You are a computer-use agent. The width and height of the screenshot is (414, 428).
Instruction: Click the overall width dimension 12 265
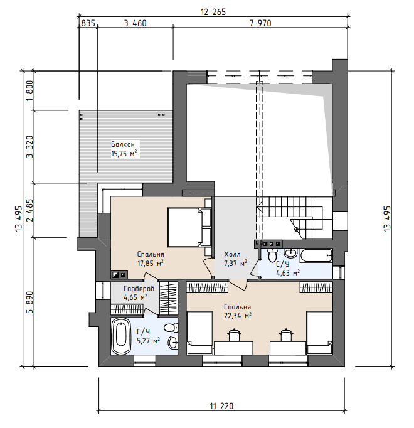[213, 12]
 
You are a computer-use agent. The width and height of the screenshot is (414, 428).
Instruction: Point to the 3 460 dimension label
[135, 23]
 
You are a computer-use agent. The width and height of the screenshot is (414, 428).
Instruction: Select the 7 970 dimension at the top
[260, 23]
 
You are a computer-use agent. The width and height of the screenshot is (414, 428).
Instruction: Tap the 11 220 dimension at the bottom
[221, 406]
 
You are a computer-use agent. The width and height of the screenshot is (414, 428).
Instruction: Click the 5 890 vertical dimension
[29, 302]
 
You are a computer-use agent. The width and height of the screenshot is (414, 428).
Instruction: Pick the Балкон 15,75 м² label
[124, 149]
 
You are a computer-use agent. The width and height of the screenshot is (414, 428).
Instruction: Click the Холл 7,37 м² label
[235, 259]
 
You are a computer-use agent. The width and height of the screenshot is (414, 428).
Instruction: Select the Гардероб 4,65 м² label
[139, 293]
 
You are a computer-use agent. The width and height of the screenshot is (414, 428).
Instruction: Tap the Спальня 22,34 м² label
[238, 311]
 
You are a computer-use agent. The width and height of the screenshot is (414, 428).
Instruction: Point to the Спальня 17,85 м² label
[151, 259]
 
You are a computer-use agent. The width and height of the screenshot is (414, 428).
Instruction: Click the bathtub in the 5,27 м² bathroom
[121, 336]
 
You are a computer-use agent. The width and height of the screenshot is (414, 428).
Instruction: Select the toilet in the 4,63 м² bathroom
[272, 255]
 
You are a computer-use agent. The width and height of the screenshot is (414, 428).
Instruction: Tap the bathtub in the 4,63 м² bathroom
[316, 255]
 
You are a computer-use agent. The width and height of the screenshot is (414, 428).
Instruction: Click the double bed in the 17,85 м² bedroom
[189, 228]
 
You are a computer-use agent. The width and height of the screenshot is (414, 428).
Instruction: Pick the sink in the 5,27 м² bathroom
[172, 342]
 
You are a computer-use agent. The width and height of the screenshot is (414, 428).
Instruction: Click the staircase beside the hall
[290, 218]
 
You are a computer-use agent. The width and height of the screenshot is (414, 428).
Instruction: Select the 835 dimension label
[88, 23]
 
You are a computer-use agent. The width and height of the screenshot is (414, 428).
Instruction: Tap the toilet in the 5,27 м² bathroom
[171, 327]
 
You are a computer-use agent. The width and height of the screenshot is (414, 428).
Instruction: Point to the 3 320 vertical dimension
[29, 147]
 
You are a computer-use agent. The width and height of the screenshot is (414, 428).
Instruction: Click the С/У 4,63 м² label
[288, 269]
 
